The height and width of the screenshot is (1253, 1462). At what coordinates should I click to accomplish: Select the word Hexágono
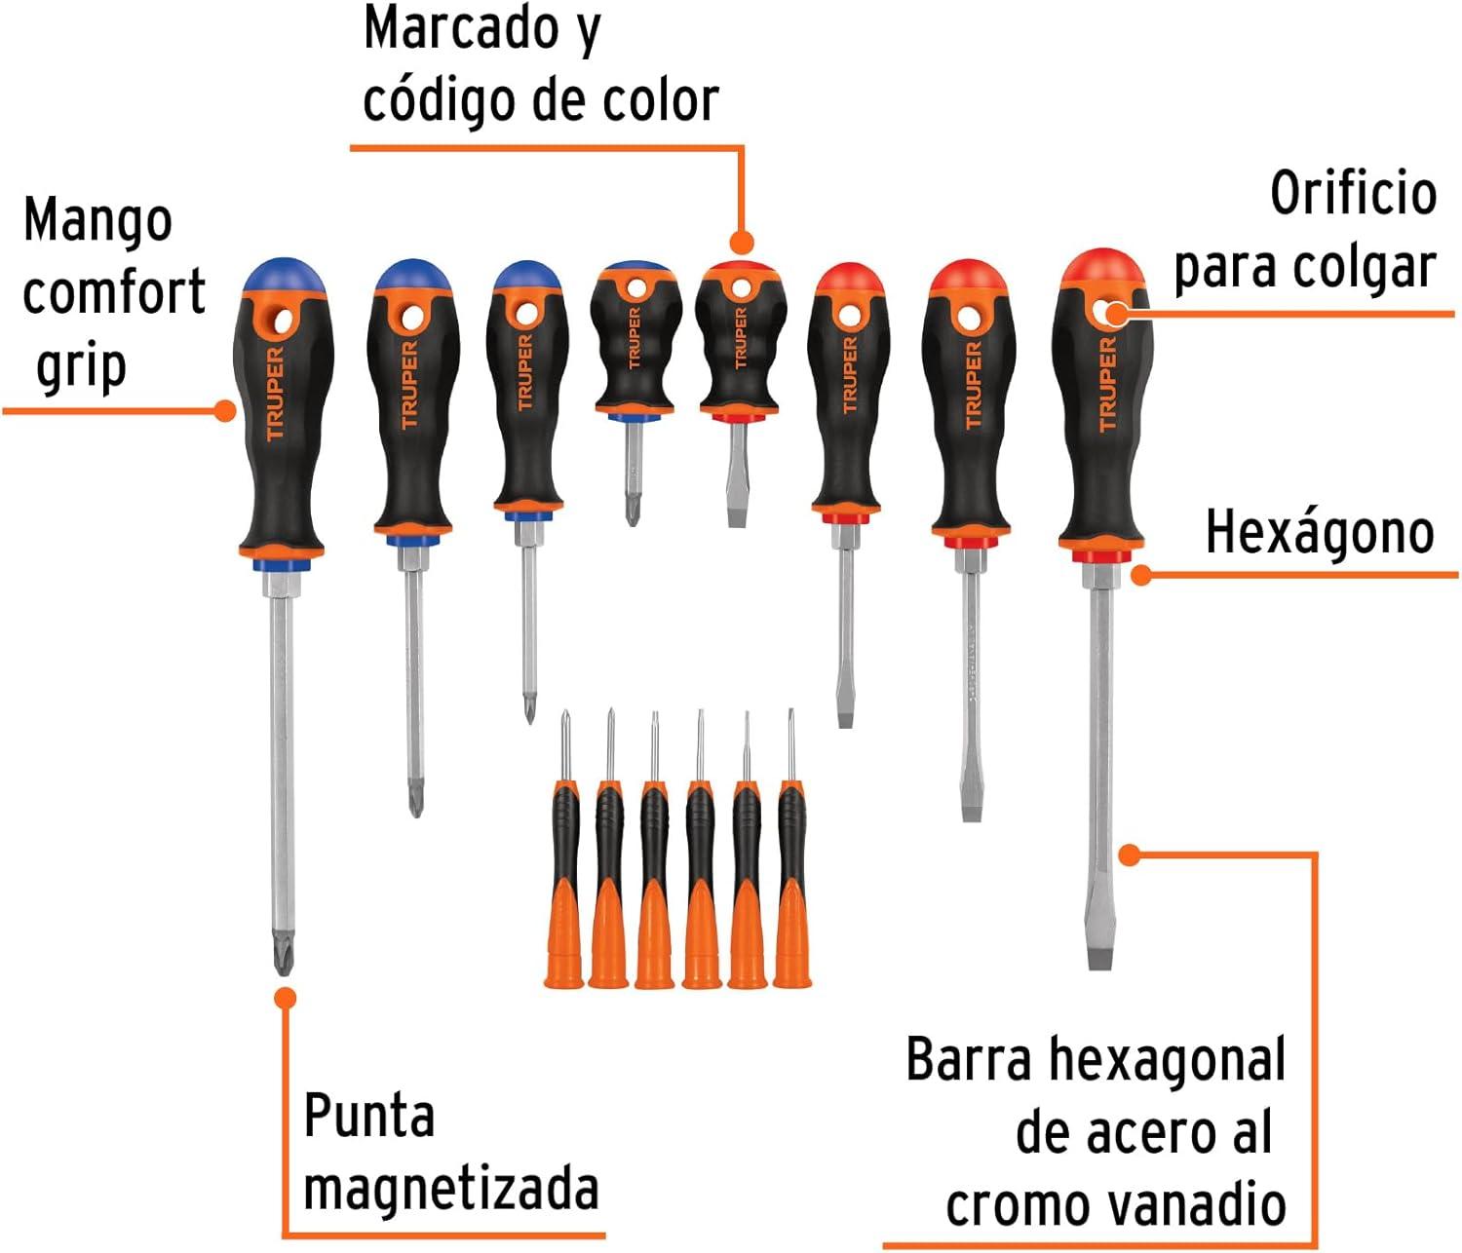[1320, 532]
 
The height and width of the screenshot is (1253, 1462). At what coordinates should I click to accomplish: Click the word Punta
[369, 1115]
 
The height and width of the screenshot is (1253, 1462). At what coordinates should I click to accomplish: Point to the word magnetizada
[451, 1190]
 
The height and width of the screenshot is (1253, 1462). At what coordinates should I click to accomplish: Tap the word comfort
[114, 291]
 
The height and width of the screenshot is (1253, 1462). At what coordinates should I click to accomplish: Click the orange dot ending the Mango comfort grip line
[225, 411]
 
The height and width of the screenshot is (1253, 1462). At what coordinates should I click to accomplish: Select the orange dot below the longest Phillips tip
[285, 999]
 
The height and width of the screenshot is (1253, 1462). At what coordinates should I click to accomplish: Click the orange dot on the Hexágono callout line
[1141, 574]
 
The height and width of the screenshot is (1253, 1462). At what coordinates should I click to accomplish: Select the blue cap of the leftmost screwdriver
[284, 275]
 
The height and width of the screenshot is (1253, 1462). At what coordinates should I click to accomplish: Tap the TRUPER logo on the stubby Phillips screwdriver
[634, 338]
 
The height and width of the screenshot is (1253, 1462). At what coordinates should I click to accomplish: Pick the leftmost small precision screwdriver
[563, 849]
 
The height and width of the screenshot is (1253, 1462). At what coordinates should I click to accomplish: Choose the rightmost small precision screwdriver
[792, 849]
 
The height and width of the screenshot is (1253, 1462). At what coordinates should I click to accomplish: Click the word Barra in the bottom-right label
[968, 1059]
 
